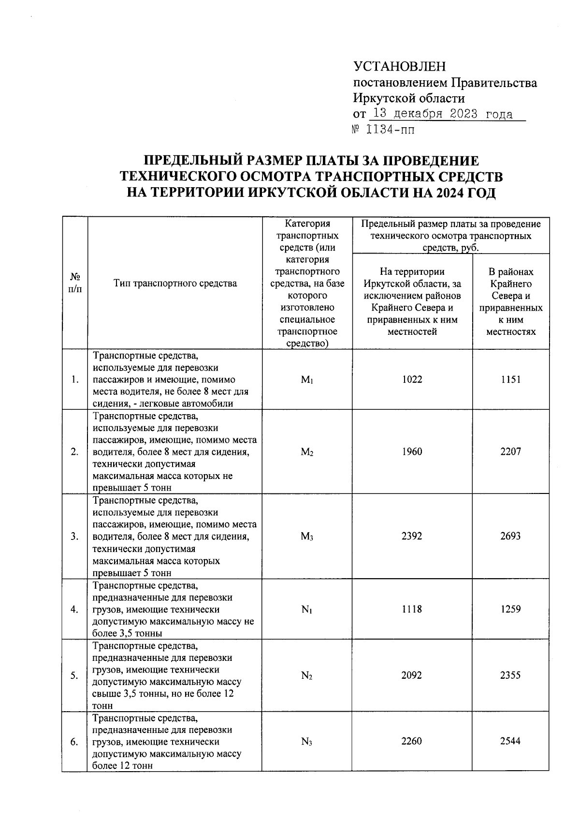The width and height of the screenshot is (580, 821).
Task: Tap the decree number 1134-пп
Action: pyautogui.click(x=391, y=130)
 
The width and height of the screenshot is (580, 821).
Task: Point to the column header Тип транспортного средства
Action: pyautogui.click(x=175, y=284)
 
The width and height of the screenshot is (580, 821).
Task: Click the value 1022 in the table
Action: pyautogui.click(x=412, y=380)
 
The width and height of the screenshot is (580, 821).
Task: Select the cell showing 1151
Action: pyautogui.click(x=510, y=380)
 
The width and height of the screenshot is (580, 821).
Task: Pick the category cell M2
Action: pyautogui.click(x=307, y=452)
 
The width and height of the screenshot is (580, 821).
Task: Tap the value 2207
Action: pyautogui.click(x=510, y=452)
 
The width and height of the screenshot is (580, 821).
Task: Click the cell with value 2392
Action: pyautogui.click(x=412, y=537)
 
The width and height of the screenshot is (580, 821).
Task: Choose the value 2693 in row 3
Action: pyautogui.click(x=510, y=537)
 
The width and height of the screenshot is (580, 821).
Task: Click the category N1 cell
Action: pyautogui.click(x=307, y=610)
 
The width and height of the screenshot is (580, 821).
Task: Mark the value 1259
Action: pyautogui.click(x=510, y=610)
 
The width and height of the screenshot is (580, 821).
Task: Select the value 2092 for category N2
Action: pyautogui.click(x=412, y=675)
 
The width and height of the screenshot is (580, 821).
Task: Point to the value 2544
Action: pyautogui.click(x=510, y=741)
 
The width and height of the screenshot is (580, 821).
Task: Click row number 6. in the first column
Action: pyautogui.click(x=74, y=742)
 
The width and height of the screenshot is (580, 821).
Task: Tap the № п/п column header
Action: pyautogui.click(x=75, y=284)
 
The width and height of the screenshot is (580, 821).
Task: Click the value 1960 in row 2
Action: pyautogui.click(x=412, y=452)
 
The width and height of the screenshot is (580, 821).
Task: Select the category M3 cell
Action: pyautogui.click(x=307, y=537)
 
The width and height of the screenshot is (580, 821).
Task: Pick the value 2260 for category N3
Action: pyautogui.click(x=412, y=741)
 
